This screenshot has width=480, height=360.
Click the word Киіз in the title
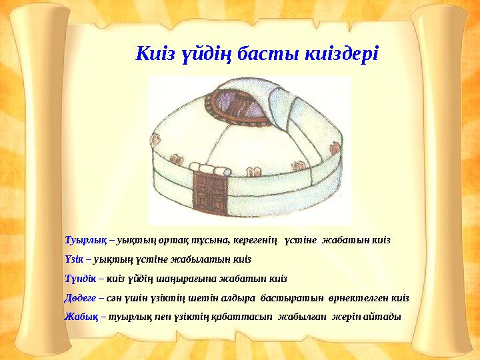tap(154, 53)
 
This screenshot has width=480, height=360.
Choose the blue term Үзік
tap(74, 259)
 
